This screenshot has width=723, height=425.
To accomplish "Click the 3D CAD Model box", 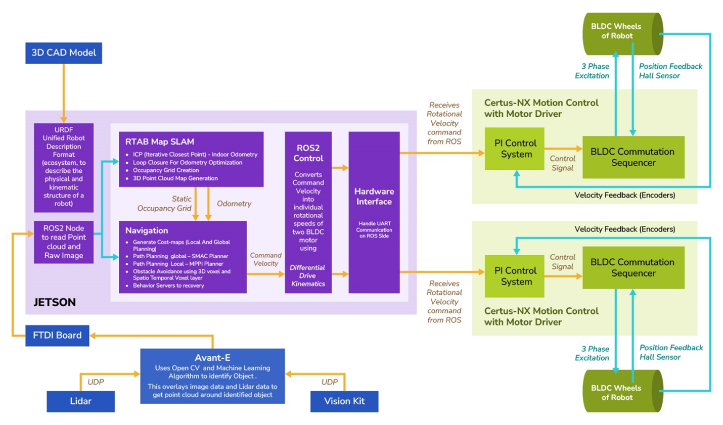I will pos(64,53).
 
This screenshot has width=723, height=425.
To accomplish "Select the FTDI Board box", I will pos(57,336).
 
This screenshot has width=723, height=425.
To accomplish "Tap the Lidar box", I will pos(80,401).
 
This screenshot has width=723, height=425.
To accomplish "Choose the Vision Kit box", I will pos(344,401).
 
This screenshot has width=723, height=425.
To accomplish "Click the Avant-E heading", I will pos(212,358).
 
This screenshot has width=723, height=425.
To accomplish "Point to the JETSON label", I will pos(55,302).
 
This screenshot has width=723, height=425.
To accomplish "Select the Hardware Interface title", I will pos(374,197).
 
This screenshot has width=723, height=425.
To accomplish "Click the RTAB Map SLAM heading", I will pos(159,142).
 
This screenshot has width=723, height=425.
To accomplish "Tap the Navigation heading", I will pos(147,230).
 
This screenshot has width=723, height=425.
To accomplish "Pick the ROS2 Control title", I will pos(308,153).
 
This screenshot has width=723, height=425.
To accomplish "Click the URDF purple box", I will pos(64,167).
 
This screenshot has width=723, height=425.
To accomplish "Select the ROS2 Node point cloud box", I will pos(64,242).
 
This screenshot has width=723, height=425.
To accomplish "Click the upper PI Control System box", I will pos(514,149).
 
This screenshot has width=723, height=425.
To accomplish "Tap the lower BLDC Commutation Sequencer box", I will pos(633,268).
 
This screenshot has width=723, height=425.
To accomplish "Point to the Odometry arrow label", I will pos(234,204).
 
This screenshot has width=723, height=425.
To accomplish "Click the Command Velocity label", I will pos(265,259).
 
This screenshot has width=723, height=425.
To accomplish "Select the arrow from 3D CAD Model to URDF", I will pos(64,93).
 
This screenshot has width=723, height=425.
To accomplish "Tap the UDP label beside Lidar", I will pos(96,382).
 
